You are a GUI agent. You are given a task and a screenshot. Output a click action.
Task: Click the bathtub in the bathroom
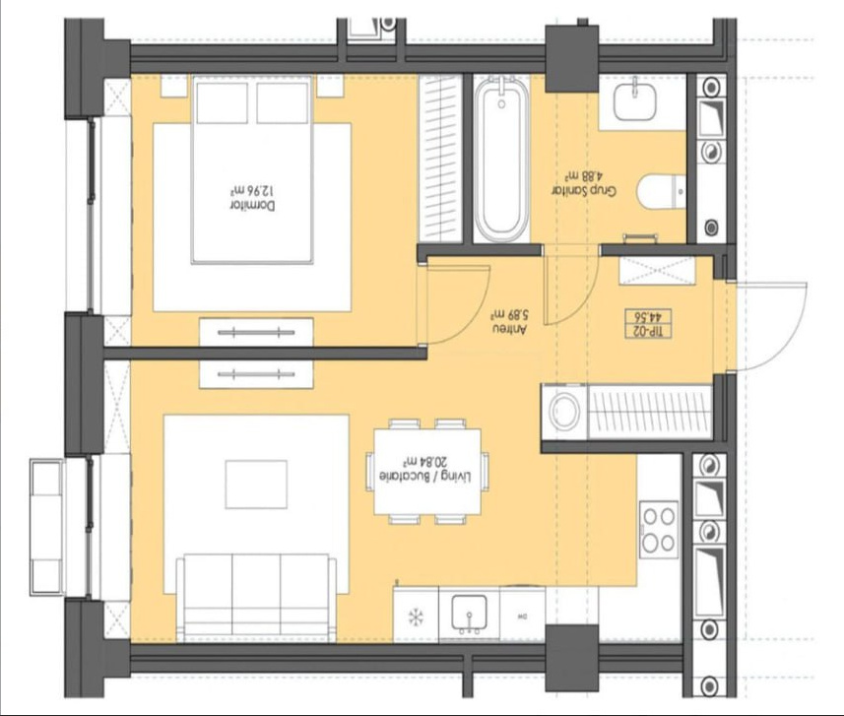pyautogui.click(x=501, y=159)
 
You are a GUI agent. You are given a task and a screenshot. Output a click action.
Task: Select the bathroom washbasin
pyautogui.click(x=635, y=100)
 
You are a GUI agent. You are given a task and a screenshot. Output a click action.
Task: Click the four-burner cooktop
pyautogui.click(x=659, y=530)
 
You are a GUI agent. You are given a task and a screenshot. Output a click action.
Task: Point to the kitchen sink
pyautogui.click(x=469, y=614)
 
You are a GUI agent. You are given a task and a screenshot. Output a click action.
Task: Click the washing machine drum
pyautogui.click(x=564, y=411)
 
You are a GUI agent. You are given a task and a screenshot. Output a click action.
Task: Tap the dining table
pyautogui.click(x=428, y=472)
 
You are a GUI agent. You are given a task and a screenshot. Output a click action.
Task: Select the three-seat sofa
pyautogui.click(x=257, y=598)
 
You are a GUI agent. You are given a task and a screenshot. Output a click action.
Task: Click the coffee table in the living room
pyautogui.click(x=256, y=484)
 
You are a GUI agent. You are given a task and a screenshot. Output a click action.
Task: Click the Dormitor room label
pyautogui.click(x=252, y=206)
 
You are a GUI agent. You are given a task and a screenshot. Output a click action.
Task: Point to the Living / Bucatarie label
pyautogui.click(x=425, y=477)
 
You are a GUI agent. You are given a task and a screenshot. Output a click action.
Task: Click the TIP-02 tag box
pyautogui.click(x=649, y=324)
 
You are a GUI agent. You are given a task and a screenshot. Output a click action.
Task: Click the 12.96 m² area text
pyautogui.click(x=253, y=191)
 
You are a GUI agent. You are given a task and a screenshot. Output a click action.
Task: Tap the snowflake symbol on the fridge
pyautogui.click(x=416, y=617)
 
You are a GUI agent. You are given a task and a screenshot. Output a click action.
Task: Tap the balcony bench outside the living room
pyautogui.click(x=46, y=528)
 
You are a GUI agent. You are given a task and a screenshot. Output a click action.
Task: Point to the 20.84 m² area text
pyautogui.click(x=425, y=462)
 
